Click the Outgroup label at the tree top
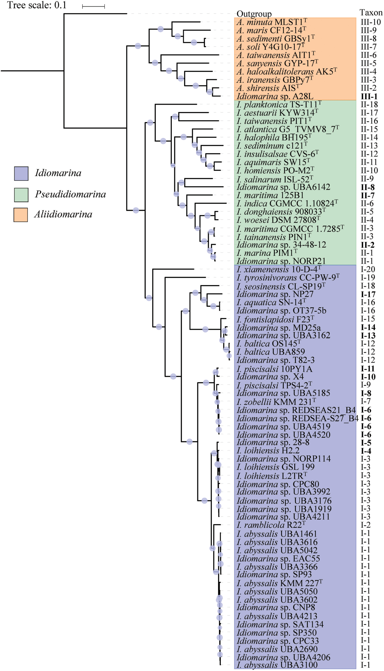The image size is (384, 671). point(254,14)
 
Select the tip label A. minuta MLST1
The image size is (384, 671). point(272,22)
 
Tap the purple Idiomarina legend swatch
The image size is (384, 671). point(21,173)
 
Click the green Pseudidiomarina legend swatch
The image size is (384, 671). point(21,195)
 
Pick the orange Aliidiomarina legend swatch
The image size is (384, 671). point(21,215)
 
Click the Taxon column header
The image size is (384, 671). point(371,13)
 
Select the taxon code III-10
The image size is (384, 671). point(370,22)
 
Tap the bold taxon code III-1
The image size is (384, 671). point(369,96)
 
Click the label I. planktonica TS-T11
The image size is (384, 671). point(279,104)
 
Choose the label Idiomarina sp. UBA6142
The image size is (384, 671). point(283,187)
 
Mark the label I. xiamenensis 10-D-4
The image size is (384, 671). point(279,269)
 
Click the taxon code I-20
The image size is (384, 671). point(368,269)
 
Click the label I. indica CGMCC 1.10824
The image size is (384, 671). point(287,203)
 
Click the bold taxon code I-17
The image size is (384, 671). point(368,294)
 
